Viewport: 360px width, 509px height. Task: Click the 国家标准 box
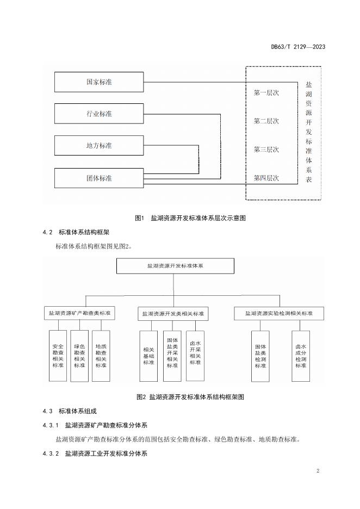pyautogui.click(x=99, y=82)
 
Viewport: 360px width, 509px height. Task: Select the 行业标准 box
pyautogui.click(x=99, y=114)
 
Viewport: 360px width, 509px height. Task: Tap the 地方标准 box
pyautogui.click(x=99, y=145)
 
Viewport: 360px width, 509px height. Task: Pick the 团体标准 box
pyautogui.click(x=99, y=178)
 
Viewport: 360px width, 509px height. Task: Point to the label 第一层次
pyautogui.click(x=266, y=93)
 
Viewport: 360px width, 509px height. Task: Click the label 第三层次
pyautogui.click(x=266, y=150)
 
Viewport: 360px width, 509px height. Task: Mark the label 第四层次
pyautogui.click(x=266, y=178)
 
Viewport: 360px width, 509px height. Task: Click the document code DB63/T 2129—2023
pyautogui.click(x=298, y=47)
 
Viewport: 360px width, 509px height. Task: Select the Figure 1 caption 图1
pyautogui.click(x=139, y=218)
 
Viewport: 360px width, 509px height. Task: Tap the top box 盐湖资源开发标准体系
pyautogui.click(x=175, y=266)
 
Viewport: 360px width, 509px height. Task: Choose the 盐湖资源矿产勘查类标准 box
pyautogui.click(x=79, y=313)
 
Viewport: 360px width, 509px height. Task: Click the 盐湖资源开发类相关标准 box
pyautogui.click(x=173, y=314)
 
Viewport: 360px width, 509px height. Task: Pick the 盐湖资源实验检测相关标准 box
pyautogui.click(x=279, y=313)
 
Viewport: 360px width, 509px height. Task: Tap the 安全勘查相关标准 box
pyautogui.click(x=58, y=356)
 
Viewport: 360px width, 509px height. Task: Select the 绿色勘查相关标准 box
pyautogui.click(x=79, y=356)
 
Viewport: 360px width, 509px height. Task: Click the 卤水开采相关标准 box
pyautogui.click(x=195, y=356)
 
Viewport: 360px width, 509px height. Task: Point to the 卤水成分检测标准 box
pyautogui.click(x=301, y=356)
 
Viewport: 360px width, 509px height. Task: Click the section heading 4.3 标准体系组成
pyautogui.click(x=70, y=411)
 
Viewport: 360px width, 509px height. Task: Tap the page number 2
pyautogui.click(x=318, y=471)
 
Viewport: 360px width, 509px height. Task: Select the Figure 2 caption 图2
pyautogui.click(x=141, y=396)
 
